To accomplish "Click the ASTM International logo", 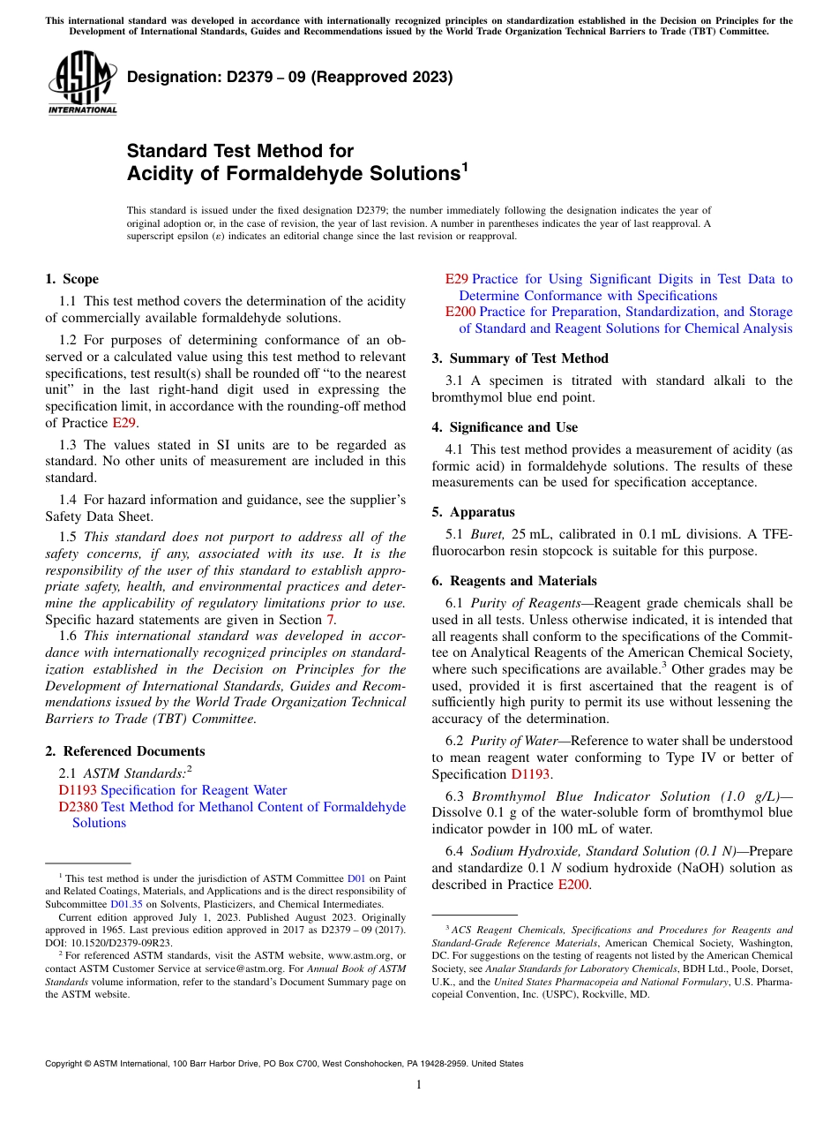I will pyautogui.click(x=81, y=84).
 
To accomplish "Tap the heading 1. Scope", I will pyautogui.click(x=72, y=279).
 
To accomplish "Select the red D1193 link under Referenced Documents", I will pyautogui.click(x=78, y=790).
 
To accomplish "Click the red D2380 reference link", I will pyautogui.click(x=78, y=806).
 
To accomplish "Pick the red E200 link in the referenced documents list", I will pyautogui.click(x=460, y=312).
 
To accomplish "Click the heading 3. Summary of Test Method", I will pyautogui.click(x=520, y=358).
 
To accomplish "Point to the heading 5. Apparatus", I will pyautogui.click(x=473, y=512).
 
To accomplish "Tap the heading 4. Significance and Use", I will pyautogui.click(x=505, y=427).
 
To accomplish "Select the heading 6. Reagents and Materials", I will pyautogui.click(x=514, y=581).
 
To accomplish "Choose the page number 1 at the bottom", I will pyautogui.click(x=419, y=1084).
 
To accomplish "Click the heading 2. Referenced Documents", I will pyautogui.click(x=124, y=751).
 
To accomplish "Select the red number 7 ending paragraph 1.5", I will pyautogui.click(x=332, y=620).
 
